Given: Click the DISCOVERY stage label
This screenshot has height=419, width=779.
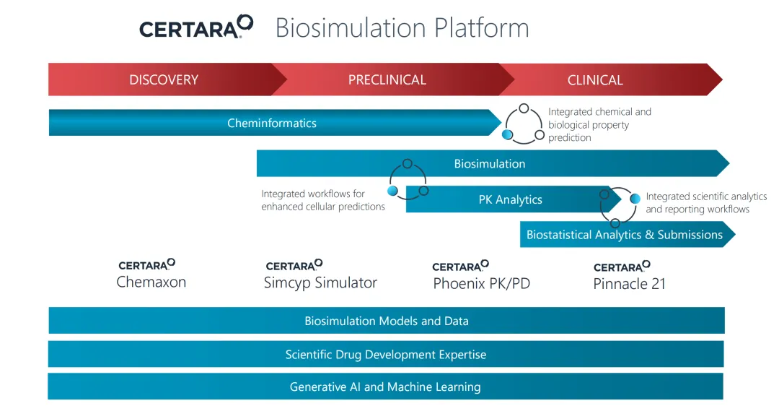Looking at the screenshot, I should tap(164, 80).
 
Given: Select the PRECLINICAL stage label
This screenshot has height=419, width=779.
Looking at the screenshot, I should tap(387, 80).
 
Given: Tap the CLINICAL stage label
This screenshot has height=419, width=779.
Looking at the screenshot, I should tap(595, 80).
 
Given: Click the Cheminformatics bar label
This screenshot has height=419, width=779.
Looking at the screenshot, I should tap(272, 124).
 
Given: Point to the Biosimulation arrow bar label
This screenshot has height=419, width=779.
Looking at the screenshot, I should tap(490, 164).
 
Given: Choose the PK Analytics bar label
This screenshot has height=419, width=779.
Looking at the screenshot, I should tap(510, 200).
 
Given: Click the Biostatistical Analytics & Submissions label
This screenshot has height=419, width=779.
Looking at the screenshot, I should tap(625, 235).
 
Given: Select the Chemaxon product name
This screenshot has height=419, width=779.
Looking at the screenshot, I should tap(151, 282).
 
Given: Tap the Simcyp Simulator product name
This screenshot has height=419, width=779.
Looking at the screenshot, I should tap(320, 283).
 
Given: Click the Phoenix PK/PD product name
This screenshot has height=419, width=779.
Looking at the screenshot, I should tap(482, 284).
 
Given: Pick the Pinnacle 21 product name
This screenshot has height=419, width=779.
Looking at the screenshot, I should tap(629, 284).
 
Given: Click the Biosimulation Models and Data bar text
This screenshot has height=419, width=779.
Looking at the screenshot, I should tap(387, 321).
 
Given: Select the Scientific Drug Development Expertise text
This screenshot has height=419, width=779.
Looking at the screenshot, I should tap(386, 355).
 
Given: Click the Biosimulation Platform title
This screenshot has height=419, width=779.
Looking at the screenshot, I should tap(402, 28).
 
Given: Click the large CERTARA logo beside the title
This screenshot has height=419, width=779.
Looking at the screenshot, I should tap(196, 27).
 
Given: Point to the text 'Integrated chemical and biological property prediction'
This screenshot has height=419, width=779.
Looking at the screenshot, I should tap(599, 125).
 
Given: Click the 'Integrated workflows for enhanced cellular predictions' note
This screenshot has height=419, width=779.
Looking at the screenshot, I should tap(323, 200).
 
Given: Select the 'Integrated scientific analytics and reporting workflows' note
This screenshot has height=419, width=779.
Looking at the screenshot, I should tap(706, 203).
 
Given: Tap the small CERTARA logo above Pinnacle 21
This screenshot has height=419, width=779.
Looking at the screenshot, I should tap(622, 266).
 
